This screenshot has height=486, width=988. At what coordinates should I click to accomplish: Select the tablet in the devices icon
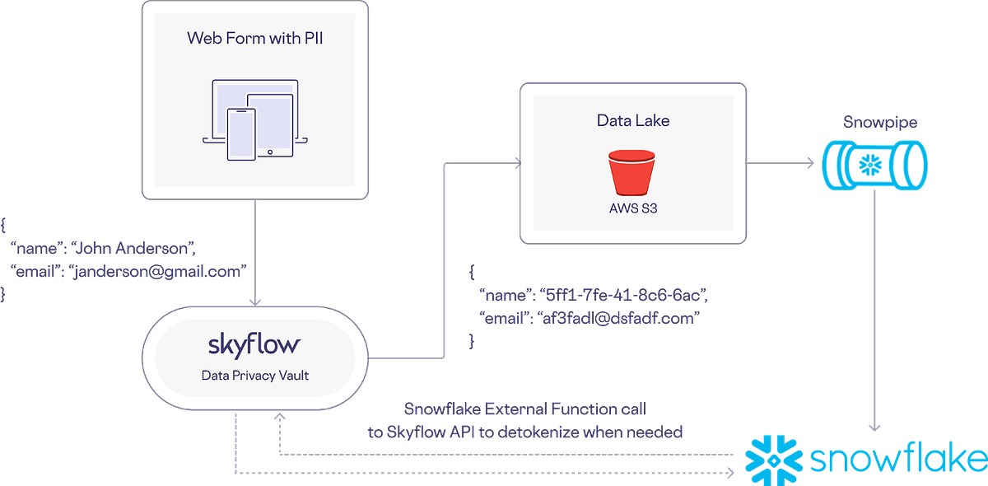click(x=270, y=124)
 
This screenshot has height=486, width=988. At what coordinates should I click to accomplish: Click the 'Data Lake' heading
click(x=633, y=120)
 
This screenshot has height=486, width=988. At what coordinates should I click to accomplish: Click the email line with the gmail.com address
click(x=128, y=270)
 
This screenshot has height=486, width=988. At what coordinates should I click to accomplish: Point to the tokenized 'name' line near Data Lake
click(x=593, y=293)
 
